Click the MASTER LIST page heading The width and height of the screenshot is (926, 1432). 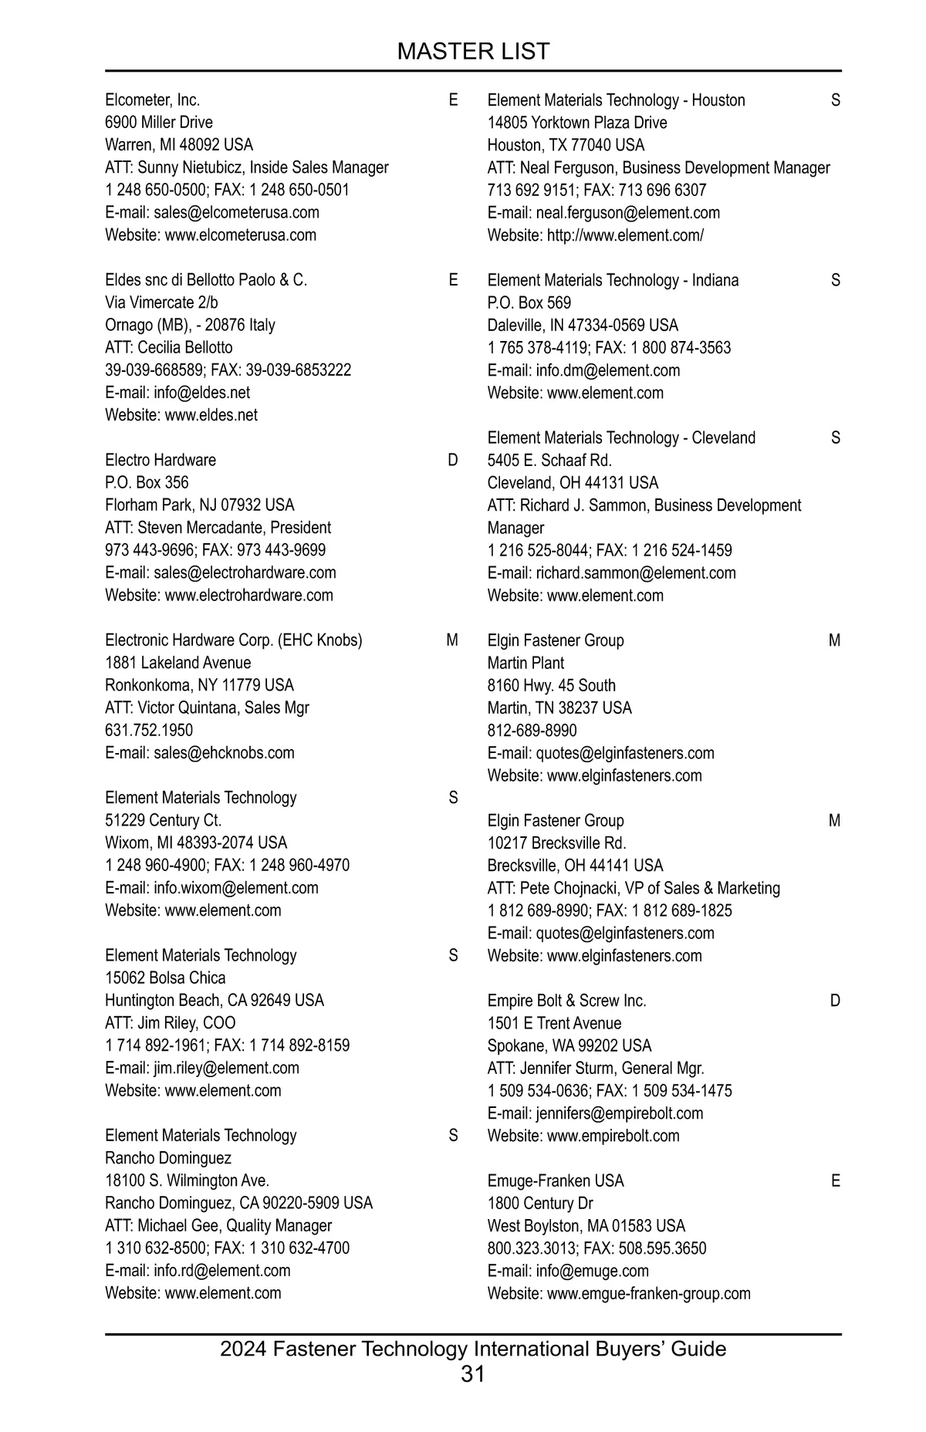(x=473, y=51)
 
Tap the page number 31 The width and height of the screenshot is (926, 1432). (x=473, y=1373)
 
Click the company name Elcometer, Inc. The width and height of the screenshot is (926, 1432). (x=153, y=100)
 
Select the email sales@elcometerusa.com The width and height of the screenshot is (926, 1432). (x=236, y=212)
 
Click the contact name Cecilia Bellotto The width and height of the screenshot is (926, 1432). (x=184, y=347)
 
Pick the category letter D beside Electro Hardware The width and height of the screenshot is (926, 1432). (x=453, y=460)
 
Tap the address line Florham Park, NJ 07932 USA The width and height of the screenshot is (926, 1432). (x=200, y=505)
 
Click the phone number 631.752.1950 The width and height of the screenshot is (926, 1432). (x=149, y=730)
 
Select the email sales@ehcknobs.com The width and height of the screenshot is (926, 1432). (x=224, y=752)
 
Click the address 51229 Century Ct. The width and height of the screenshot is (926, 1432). (x=164, y=820)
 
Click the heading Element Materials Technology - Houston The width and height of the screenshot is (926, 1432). (x=617, y=100)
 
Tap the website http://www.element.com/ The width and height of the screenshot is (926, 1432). (x=625, y=235)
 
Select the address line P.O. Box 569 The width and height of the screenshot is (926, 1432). (x=529, y=302)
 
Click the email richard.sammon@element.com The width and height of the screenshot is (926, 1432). (x=636, y=572)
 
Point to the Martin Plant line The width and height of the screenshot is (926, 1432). (x=526, y=663)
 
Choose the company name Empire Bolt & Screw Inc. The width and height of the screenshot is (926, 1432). (x=567, y=1001)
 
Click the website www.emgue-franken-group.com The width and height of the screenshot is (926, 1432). (x=648, y=1293)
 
